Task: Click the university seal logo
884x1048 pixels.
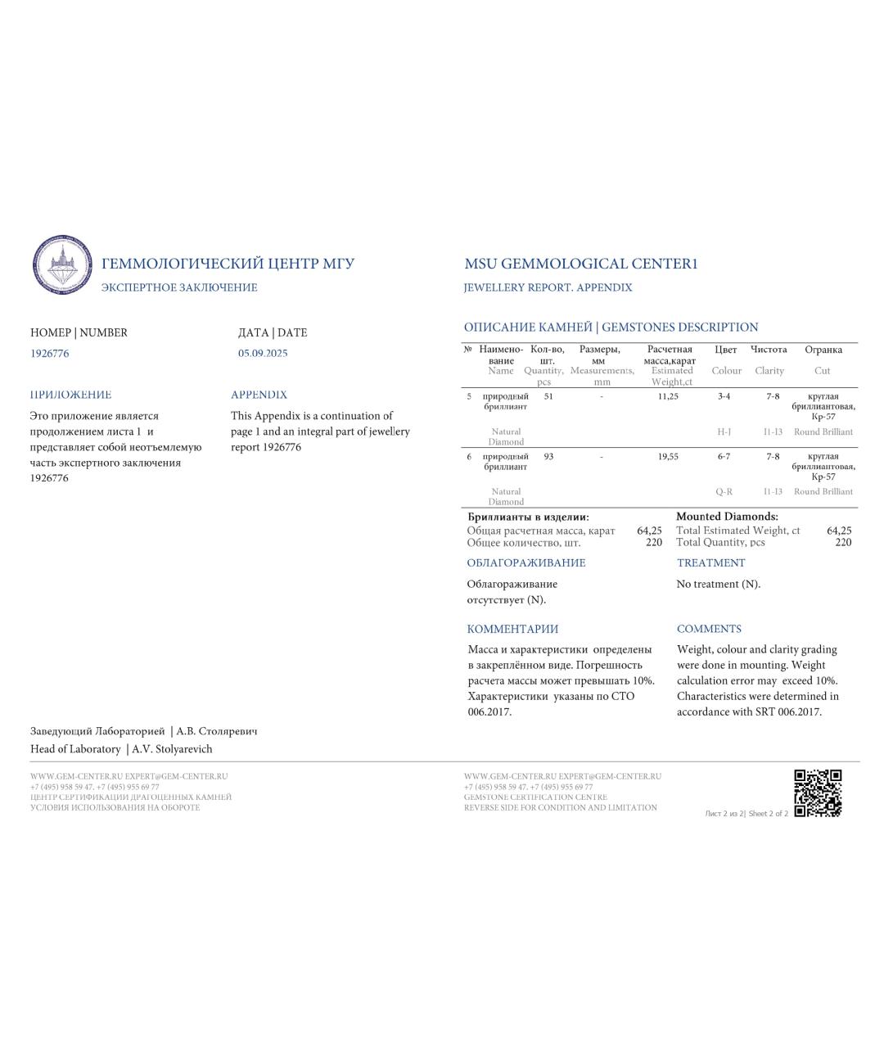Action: pos(62,265)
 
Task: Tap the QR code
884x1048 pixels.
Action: pos(818,793)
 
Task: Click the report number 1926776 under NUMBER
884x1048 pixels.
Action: pos(50,354)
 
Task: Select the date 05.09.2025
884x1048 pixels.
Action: pos(263,354)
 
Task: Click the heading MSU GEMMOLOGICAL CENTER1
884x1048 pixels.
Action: pos(580,264)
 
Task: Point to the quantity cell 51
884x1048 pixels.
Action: pos(548,396)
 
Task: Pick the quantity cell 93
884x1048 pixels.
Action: pos(548,457)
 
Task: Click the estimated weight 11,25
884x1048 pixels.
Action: pos(668,396)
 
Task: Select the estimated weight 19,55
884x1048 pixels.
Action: pos(668,457)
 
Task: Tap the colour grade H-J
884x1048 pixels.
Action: pos(724,431)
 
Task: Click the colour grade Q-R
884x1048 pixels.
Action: pos(724,492)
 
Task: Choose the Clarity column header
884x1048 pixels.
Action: pos(769,371)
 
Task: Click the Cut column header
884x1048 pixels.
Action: pos(823,371)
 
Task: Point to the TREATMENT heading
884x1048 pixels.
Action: pos(710,563)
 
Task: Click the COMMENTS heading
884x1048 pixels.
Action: pos(709,629)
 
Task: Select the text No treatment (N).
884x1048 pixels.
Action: pos(718,585)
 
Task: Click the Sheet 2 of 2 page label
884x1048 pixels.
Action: pos(768,814)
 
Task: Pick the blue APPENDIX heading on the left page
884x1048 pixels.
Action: pos(259,395)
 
